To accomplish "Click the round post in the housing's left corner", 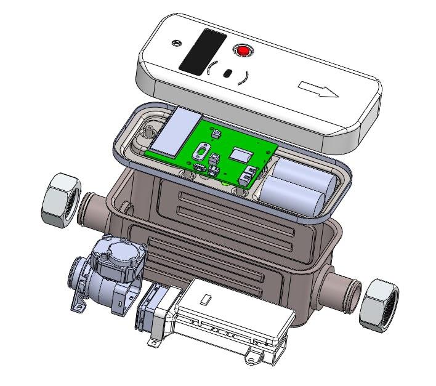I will [x=150, y=130].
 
